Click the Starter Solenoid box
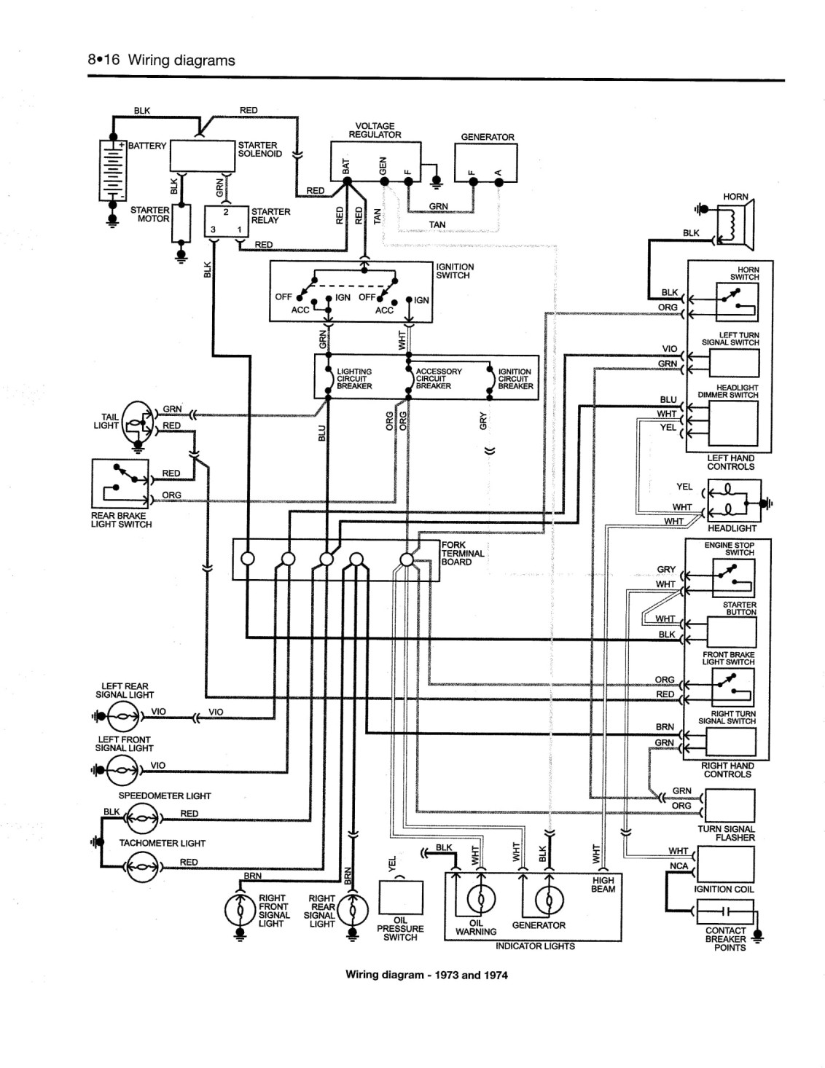[202, 156]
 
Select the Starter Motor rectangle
[181, 224]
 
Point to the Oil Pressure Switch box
[401, 898]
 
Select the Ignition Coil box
[726, 864]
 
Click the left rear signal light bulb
[123, 717]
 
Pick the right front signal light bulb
[240, 910]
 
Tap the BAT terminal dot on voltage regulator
[347, 181]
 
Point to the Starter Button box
[731, 632]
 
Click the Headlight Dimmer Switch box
[733, 424]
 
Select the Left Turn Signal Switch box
[734, 364]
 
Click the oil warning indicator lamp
[481, 900]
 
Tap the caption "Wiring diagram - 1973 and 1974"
[426, 975]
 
